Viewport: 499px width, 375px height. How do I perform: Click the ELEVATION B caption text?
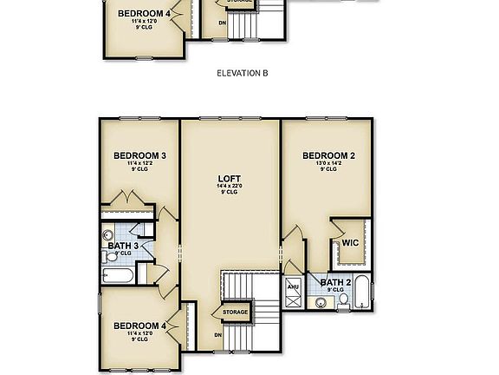(x=242, y=74)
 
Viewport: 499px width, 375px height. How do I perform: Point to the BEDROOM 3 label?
(x=139, y=155)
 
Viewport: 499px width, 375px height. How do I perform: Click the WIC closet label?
(x=350, y=243)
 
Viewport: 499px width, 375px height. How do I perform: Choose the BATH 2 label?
(x=334, y=282)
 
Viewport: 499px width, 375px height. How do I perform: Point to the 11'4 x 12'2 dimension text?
(x=139, y=163)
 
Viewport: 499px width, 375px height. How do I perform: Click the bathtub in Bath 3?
(x=117, y=276)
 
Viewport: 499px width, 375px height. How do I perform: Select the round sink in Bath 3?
(x=109, y=234)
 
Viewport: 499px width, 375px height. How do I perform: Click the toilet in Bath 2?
(x=343, y=300)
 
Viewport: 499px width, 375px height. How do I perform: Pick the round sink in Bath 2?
(x=320, y=302)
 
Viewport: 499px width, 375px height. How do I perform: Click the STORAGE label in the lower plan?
(x=235, y=312)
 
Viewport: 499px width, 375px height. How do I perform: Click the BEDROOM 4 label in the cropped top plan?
(x=144, y=14)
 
